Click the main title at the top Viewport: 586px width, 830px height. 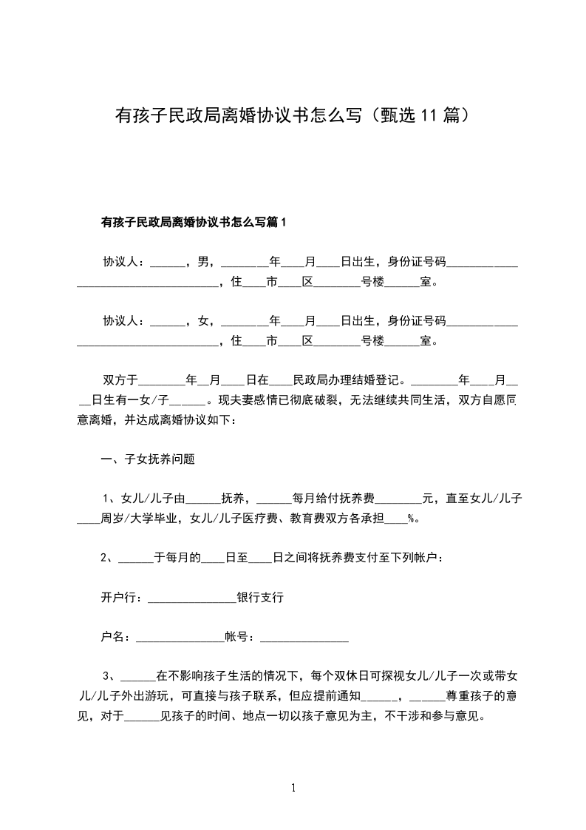pos(293,115)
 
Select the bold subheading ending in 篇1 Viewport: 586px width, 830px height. pos(193,222)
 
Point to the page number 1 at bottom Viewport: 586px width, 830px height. pos(293,788)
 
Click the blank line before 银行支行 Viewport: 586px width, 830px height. pos(191,597)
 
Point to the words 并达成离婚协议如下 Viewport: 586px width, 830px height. pos(177,419)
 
